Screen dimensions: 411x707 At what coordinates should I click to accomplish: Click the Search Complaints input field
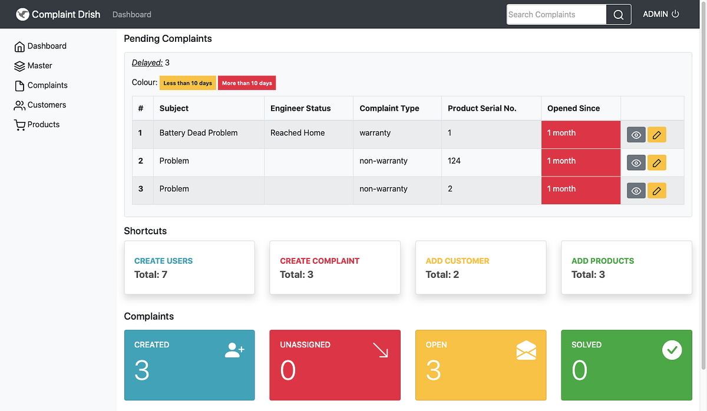pyautogui.click(x=556, y=15)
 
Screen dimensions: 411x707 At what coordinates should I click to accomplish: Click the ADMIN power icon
pyautogui.click(x=675, y=14)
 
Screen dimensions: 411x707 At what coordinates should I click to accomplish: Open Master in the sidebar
pyautogui.click(x=39, y=65)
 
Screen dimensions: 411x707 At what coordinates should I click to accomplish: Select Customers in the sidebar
pyautogui.click(x=47, y=105)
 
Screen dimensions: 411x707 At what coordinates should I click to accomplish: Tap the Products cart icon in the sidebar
pyautogui.click(x=19, y=125)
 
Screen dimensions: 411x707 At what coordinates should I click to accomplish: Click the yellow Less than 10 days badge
pyautogui.click(x=187, y=83)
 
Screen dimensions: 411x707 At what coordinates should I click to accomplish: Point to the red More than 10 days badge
pyautogui.click(x=247, y=83)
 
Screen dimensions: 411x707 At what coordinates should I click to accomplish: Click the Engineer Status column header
pyautogui.click(x=300, y=108)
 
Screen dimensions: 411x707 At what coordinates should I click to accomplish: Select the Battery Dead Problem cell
pyautogui.click(x=199, y=133)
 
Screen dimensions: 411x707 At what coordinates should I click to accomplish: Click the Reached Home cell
pyautogui.click(x=298, y=133)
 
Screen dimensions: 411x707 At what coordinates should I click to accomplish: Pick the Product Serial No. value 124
pyautogui.click(x=454, y=161)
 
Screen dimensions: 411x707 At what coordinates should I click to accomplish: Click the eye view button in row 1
pyautogui.click(x=636, y=135)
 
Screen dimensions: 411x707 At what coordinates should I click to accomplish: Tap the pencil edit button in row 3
pyautogui.click(x=656, y=191)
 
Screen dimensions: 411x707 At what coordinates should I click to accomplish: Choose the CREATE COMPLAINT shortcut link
pyautogui.click(x=319, y=261)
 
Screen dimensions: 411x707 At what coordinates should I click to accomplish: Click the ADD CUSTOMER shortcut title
pyautogui.click(x=457, y=261)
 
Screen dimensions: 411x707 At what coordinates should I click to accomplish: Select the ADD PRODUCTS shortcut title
pyautogui.click(x=603, y=261)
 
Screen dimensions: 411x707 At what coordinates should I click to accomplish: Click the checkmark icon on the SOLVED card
pyautogui.click(x=672, y=350)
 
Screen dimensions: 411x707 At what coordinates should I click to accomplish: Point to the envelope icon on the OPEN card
pyautogui.click(x=526, y=350)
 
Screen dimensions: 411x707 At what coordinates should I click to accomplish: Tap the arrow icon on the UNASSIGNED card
pyautogui.click(x=381, y=350)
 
